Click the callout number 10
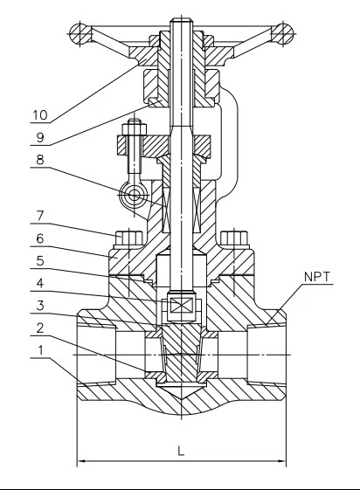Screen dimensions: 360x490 (40, 115)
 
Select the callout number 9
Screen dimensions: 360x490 (40, 137)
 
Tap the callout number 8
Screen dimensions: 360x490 (40, 160)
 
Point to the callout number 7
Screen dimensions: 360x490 (40, 216)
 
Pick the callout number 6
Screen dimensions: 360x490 (40, 239)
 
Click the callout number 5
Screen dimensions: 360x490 (40, 260)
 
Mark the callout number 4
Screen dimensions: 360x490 (40, 284)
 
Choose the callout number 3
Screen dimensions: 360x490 (40, 306)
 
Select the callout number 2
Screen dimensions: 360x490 (40, 328)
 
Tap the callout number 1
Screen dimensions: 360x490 (40, 350)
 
